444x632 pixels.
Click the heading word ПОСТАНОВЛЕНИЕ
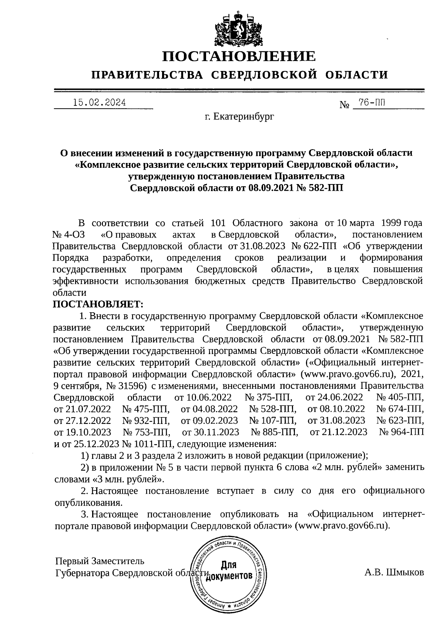pyautogui.click(x=239, y=57)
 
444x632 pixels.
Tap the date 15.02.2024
pyautogui.click(x=99, y=103)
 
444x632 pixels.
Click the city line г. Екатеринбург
pyautogui.click(x=239, y=117)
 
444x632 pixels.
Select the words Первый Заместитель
pyautogui.click(x=100, y=561)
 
